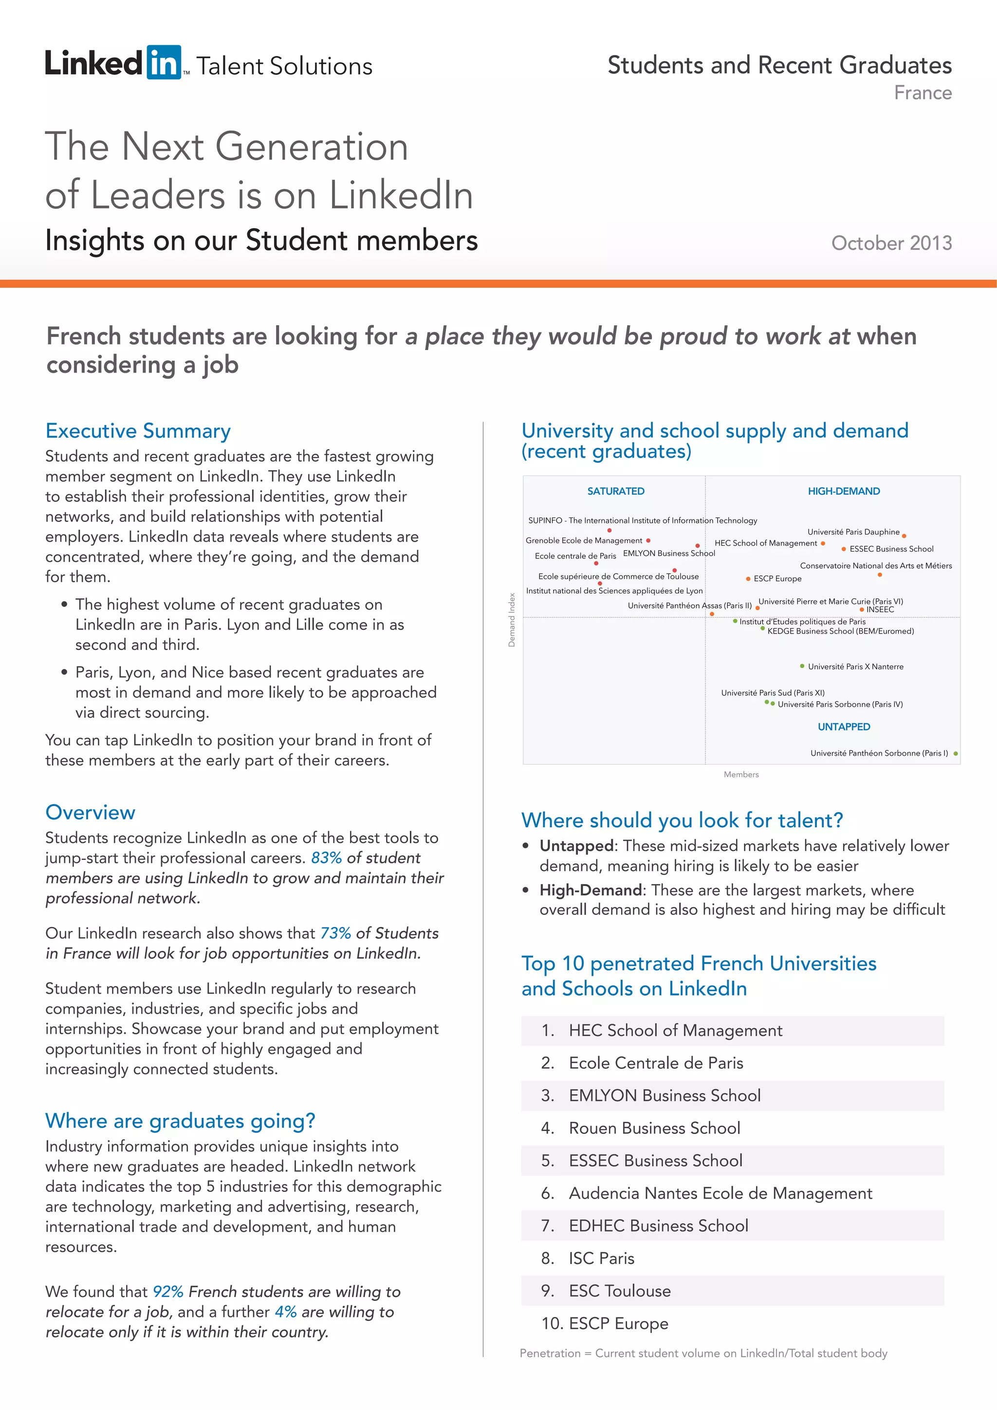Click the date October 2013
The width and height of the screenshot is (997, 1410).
(891, 243)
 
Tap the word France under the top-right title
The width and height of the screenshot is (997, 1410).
(922, 93)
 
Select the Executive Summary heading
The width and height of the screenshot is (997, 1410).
(138, 430)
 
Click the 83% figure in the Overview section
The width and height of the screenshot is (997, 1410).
(326, 858)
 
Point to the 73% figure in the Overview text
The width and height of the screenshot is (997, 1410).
(335, 933)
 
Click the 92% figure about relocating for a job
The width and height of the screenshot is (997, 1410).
(167, 1292)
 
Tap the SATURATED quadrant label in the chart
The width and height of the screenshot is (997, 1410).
(616, 491)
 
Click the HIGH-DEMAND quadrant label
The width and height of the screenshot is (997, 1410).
(844, 491)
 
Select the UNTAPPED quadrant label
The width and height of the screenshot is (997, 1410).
(844, 727)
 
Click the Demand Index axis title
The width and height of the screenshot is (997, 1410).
(511, 620)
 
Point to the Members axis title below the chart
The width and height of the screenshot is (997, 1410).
(741, 775)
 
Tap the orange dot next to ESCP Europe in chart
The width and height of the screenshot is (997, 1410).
(748, 578)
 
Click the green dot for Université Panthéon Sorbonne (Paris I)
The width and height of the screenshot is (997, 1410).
(956, 754)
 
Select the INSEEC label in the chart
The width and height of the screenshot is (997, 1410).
(880, 610)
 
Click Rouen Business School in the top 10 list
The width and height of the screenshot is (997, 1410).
(654, 1129)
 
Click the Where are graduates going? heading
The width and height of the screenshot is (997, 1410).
(180, 1121)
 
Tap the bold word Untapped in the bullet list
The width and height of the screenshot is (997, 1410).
(576, 846)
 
